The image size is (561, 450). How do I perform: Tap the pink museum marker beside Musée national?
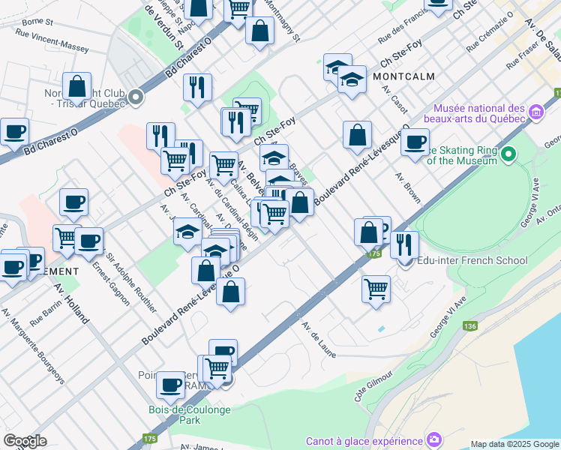536,112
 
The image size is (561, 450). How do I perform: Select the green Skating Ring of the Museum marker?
509,154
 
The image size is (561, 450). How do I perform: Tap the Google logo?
25,440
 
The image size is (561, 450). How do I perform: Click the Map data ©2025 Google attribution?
514,444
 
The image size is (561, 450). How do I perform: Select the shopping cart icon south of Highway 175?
376,288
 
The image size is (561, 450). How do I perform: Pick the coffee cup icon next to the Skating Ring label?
415,142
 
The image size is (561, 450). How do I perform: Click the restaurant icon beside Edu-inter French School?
404,244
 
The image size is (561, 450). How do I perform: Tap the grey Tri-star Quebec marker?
136,96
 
